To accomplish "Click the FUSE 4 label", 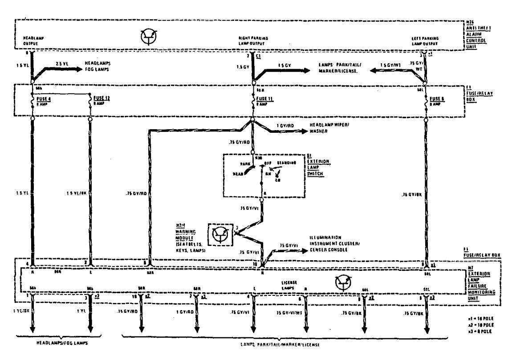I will coord(43,98).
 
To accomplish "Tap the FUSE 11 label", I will coord(264,98).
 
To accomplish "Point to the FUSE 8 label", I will coord(437,98).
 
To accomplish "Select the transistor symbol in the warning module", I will coord(221,235).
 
